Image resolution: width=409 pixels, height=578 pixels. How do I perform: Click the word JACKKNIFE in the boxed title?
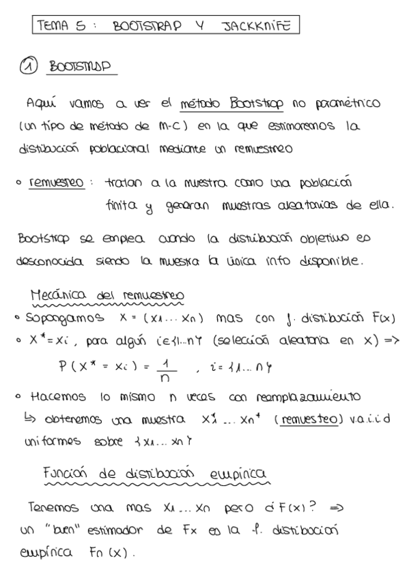pyautogui.click(x=257, y=27)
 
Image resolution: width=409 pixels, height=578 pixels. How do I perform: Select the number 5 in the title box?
pyautogui.click(x=81, y=27)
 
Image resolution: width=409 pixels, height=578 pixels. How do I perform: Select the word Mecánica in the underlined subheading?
pyautogui.click(x=55, y=294)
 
